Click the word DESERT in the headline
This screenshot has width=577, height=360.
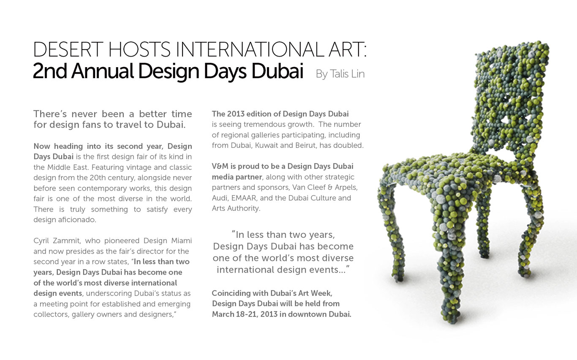[68, 50]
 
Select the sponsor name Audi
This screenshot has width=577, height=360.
[220, 198]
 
